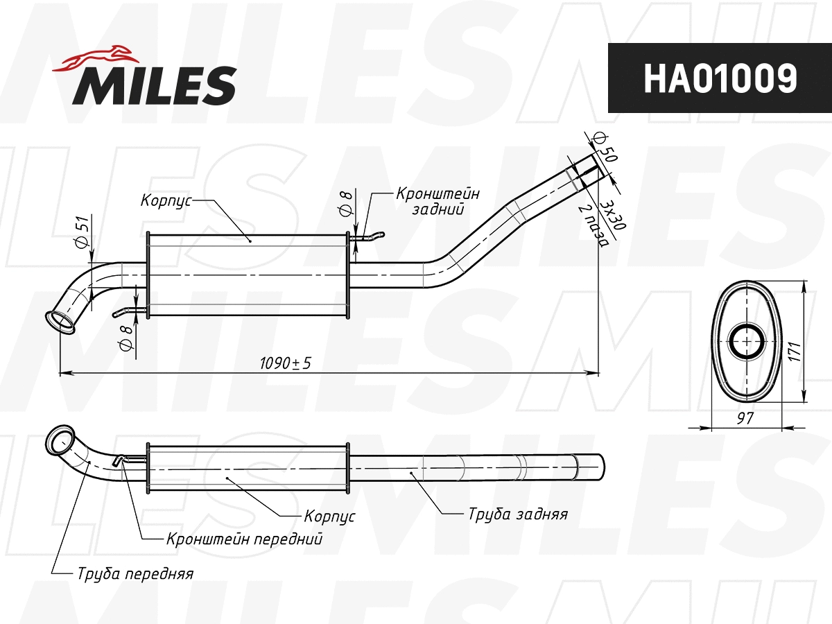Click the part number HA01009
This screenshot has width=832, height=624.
point(720,78)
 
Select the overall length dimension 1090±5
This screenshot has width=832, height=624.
point(286,363)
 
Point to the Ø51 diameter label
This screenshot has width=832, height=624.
point(81,233)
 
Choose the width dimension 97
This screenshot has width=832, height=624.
point(745,417)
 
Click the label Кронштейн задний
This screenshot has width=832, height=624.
point(437,201)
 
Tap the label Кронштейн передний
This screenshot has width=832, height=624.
point(244,539)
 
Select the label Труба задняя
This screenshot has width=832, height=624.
point(517,514)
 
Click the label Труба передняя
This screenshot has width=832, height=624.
point(135,574)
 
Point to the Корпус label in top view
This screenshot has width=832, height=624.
point(165,200)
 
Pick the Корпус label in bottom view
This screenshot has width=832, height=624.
point(329,517)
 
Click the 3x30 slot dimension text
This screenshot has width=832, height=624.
point(613,214)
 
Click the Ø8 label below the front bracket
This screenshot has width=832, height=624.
point(125,338)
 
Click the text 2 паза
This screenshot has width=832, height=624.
point(595,226)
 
